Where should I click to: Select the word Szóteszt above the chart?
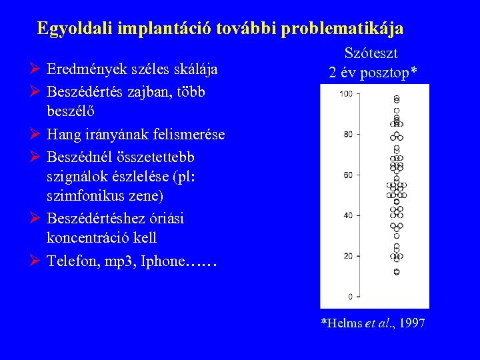coord(371,54)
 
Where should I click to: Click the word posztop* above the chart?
coord(393,73)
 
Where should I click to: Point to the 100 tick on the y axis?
coord(346,94)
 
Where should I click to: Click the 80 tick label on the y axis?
coord(348,135)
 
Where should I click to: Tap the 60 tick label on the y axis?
coord(348,175)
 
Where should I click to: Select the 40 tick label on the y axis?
coord(348,215)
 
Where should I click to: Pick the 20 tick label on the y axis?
coord(348,256)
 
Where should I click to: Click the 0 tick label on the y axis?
coord(350,296)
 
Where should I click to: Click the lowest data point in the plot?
coord(397,272)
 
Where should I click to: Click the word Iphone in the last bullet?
coord(161,261)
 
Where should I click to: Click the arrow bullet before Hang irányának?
coord(37,135)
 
